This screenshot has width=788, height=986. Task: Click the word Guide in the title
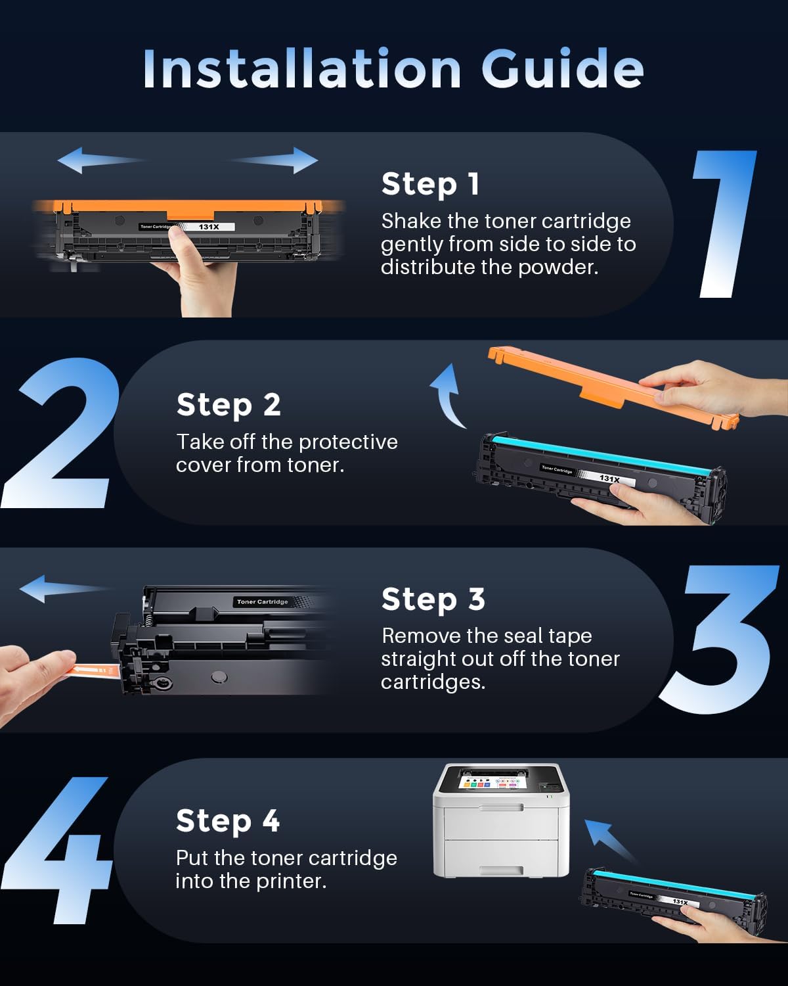click(562, 69)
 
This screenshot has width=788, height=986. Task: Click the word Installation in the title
click(302, 69)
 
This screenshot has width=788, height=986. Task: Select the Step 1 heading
click(430, 184)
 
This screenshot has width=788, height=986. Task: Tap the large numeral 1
click(726, 223)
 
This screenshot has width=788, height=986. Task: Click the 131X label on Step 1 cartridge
click(209, 227)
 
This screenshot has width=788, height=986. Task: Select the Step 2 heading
click(229, 405)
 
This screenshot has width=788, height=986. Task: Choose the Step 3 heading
click(433, 599)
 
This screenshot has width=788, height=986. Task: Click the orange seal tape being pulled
click(95, 670)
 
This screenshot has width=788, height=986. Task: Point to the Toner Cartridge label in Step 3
click(262, 601)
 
